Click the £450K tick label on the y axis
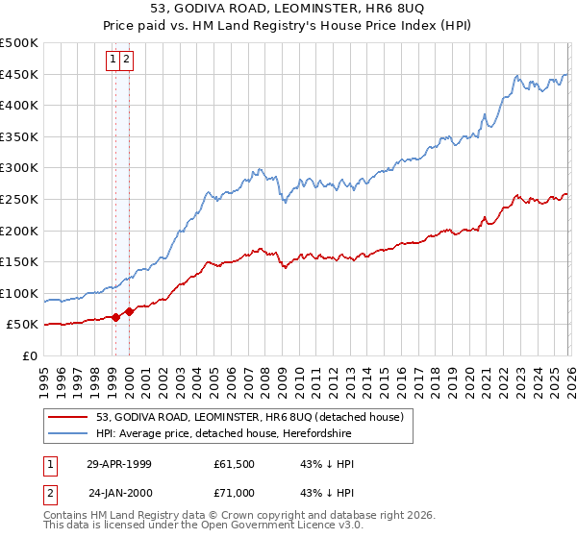click(19, 74)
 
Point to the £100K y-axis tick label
click(19, 293)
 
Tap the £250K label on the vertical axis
click(19, 199)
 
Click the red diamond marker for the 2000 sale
click(129, 311)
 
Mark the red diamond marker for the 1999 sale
click(116, 317)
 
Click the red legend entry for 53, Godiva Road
click(255, 417)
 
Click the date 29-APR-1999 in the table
click(118, 463)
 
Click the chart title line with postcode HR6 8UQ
click(288, 11)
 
